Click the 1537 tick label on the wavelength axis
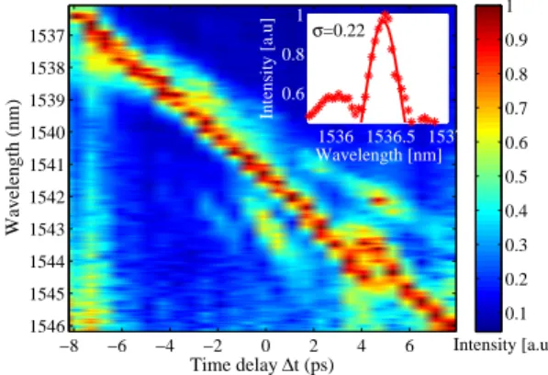46,35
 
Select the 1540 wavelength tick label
46,132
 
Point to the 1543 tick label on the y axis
46,230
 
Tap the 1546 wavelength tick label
46,326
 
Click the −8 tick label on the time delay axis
69,346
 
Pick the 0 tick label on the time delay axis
265,346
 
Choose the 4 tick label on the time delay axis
362,346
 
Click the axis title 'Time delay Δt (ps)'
263,365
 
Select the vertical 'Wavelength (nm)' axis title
13,167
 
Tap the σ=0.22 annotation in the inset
339,30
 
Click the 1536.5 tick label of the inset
391,136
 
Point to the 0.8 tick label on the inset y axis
293,54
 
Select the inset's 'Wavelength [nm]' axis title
379,154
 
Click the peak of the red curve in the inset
385,16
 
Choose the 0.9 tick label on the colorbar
516,40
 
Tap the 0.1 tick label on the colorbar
516,313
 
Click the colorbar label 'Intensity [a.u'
500,346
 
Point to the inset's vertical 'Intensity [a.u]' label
267,68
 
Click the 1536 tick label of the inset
336,136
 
